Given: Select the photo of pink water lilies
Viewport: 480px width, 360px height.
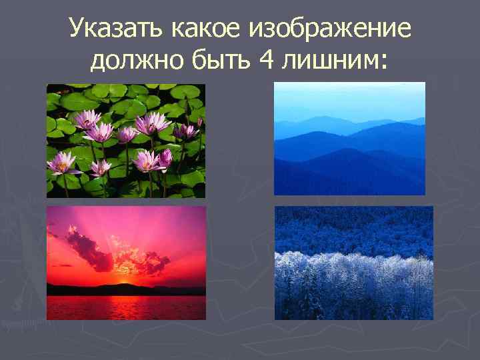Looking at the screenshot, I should click(x=125, y=140).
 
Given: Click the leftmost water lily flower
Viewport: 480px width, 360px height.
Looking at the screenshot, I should click(x=62, y=162).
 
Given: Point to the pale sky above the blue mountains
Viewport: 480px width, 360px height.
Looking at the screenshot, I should click(x=349, y=97).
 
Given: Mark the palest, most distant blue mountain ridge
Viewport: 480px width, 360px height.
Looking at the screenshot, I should click(x=333, y=120).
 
